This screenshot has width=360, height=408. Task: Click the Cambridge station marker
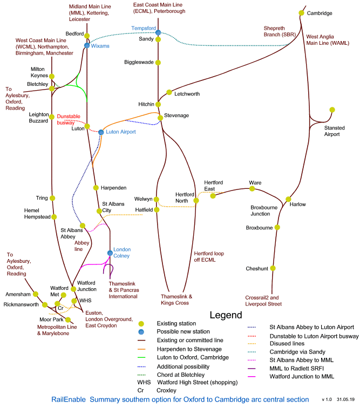click(x=302, y=13)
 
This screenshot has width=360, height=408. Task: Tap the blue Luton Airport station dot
click(x=101, y=132)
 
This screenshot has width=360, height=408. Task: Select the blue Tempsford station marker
click(x=158, y=33)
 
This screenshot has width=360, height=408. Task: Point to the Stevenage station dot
click(x=159, y=117)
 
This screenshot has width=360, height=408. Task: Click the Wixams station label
click(x=101, y=46)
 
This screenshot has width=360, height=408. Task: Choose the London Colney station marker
click(x=110, y=252)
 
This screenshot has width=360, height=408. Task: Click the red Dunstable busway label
click(x=69, y=119)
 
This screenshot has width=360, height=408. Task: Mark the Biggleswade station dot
click(x=158, y=63)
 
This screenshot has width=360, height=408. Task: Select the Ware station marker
click(x=252, y=189)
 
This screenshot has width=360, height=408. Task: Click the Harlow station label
click(x=298, y=204)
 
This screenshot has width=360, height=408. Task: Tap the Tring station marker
click(x=53, y=198)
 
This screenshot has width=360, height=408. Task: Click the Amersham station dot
click(x=36, y=294)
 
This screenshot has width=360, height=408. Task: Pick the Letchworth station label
click(x=187, y=94)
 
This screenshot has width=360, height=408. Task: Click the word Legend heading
click(x=226, y=315)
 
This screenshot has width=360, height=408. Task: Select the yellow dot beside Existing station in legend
click(x=141, y=324)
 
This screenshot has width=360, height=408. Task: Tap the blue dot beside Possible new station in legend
click(x=141, y=332)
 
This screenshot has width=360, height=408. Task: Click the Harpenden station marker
click(x=96, y=188)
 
